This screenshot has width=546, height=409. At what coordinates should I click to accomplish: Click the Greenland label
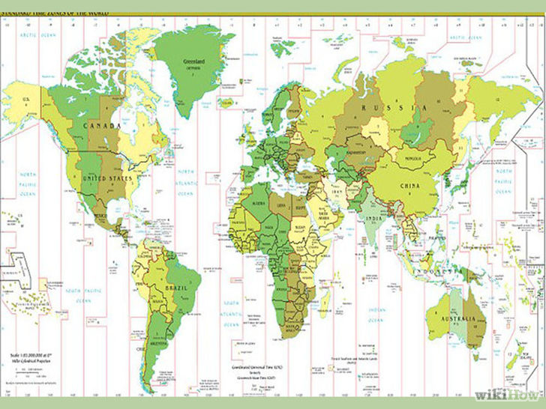(194, 61)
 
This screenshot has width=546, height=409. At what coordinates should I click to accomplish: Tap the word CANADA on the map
(102, 126)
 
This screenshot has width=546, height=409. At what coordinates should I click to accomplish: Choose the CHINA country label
(409, 184)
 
